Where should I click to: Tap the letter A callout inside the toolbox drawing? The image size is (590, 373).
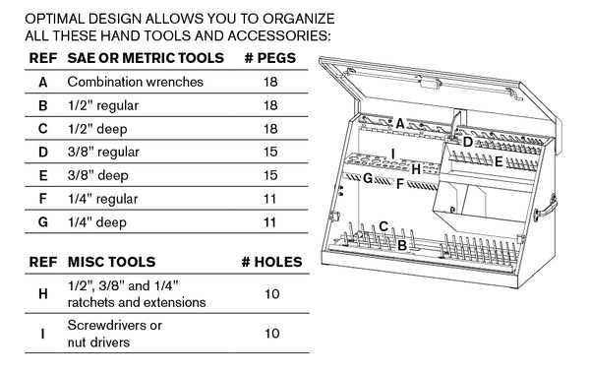(400, 123)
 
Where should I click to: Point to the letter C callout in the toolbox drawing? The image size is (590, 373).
(383, 226)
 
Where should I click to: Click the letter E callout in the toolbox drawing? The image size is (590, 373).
(499, 160)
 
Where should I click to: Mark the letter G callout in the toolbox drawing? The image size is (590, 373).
(367, 179)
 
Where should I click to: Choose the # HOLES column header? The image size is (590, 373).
(270, 263)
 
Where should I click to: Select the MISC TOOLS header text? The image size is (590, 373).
(109, 263)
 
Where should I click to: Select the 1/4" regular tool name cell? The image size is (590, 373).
(108, 199)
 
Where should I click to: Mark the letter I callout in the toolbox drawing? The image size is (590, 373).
(392, 153)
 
